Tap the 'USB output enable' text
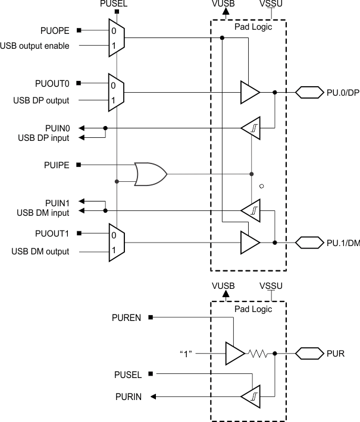click(35, 46)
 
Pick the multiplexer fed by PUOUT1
click(116, 243)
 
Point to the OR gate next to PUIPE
click(151, 174)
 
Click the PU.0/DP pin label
click(343, 93)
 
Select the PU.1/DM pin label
click(343, 243)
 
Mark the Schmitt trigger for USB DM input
click(250, 210)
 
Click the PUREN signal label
click(126, 318)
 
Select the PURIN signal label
click(127, 396)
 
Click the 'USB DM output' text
click(40, 251)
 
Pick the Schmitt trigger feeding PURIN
click(250, 393)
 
